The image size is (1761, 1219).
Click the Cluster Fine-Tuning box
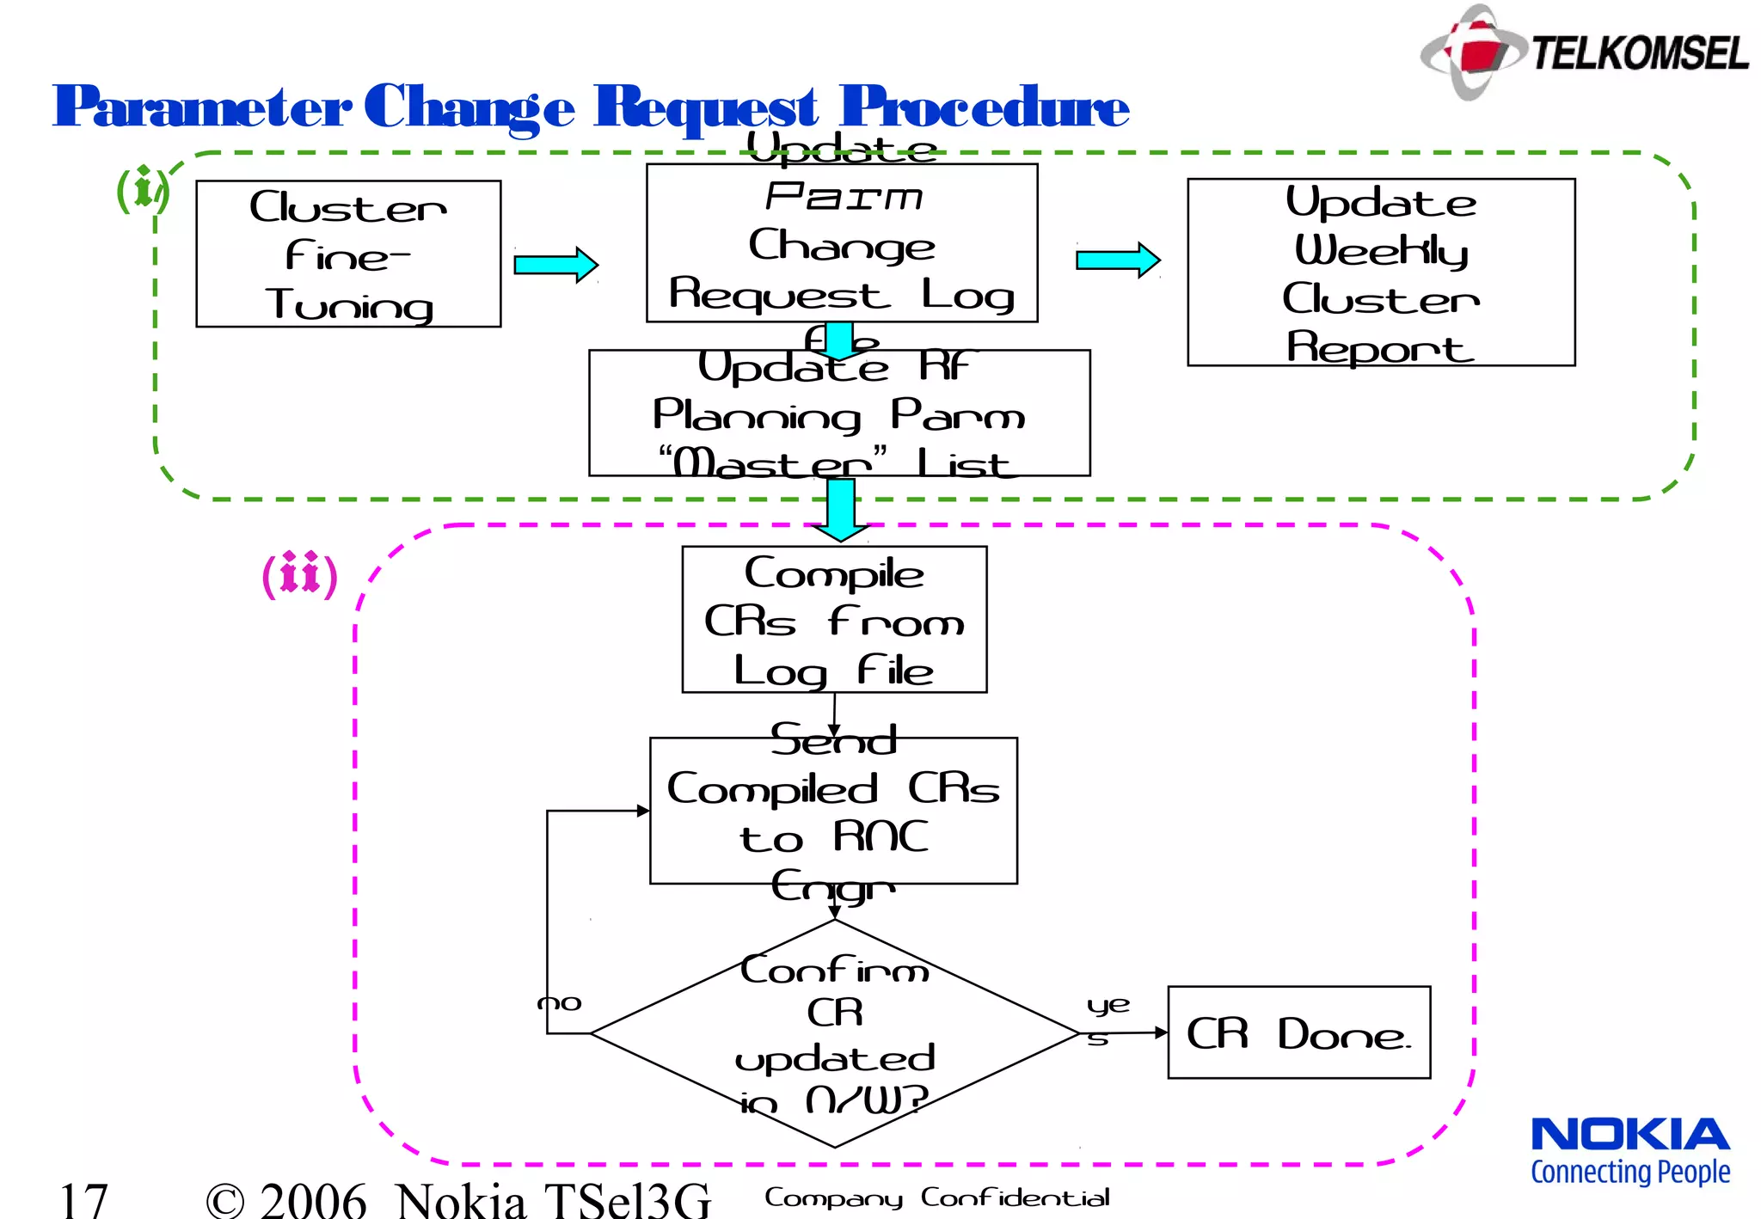pyautogui.click(x=348, y=254)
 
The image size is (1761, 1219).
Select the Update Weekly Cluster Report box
pyautogui.click(x=1381, y=273)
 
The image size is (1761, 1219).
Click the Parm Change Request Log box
pyautogui.click(x=842, y=244)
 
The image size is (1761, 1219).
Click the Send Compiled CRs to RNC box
pyautogui.click(x=833, y=812)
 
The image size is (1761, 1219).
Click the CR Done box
pyautogui.click(x=1298, y=1033)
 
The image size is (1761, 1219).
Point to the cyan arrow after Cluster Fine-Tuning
pyautogui.click(x=555, y=265)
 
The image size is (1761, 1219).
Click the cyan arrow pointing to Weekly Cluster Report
pyautogui.click(x=1118, y=260)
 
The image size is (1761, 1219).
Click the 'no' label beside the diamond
pyautogui.click(x=560, y=1003)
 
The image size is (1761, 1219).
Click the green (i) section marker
pyautogui.click(x=142, y=190)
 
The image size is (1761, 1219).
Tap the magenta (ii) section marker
pyautogui.click(x=299, y=575)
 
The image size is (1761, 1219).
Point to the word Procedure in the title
pyautogui.click(x=984, y=107)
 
